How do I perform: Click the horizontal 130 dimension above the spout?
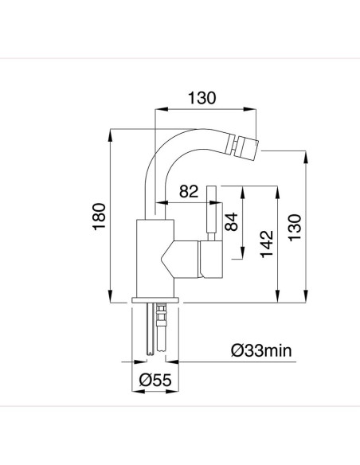click(x=202, y=99)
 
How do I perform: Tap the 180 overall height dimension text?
click(x=98, y=217)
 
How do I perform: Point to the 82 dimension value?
click(x=190, y=192)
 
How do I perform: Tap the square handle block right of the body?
click(x=211, y=262)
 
